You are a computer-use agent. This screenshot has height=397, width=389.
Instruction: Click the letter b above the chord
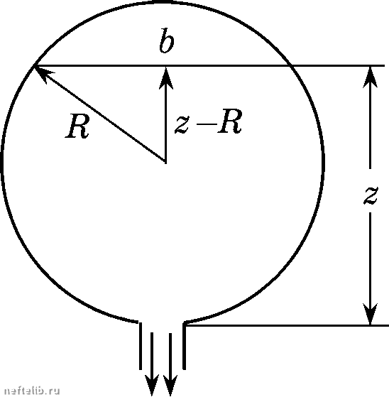(167, 41)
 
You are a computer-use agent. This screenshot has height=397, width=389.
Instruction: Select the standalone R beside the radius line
(77, 126)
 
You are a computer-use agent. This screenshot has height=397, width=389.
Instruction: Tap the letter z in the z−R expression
(182, 124)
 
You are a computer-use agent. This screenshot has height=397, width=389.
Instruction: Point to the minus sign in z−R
(207, 124)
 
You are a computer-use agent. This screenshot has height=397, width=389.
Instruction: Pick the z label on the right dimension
(371, 195)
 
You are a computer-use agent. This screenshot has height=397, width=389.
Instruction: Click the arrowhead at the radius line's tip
(43, 72)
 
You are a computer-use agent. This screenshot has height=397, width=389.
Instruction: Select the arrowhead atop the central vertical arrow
(166, 77)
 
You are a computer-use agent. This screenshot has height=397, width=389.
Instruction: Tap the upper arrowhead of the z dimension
(371, 77)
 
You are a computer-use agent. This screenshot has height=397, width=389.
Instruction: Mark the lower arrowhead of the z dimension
(371, 314)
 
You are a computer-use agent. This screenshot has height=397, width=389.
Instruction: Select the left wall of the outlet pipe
(141, 346)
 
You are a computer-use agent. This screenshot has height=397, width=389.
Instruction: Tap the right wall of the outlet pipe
(184, 346)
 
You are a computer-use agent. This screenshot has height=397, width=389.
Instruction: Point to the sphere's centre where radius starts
(166, 161)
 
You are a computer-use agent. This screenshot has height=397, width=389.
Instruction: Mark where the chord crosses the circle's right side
(290, 66)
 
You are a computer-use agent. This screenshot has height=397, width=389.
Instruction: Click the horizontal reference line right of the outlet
(287, 325)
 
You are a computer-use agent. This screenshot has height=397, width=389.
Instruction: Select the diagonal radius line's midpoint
(100, 113)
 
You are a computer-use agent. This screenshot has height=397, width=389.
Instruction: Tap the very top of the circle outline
(163, 2)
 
